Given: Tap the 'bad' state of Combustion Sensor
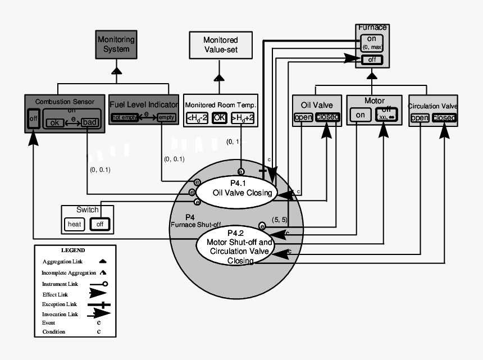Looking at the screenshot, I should (x=89, y=122).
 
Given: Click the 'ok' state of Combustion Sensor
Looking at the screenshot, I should (x=55, y=122).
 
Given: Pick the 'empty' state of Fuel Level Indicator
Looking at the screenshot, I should (x=166, y=117).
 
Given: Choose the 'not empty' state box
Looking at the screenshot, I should (x=125, y=117).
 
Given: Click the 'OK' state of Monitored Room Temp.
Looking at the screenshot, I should (x=220, y=118).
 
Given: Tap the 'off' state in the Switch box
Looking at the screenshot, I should (x=100, y=224).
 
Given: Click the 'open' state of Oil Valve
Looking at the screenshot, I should (x=303, y=117).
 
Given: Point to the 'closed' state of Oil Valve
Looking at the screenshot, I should (x=327, y=117).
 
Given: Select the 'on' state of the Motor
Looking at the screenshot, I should (x=360, y=115).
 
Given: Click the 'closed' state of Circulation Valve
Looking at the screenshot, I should (x=444, y=118).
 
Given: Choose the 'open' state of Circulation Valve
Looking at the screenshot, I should (x=420, y=118).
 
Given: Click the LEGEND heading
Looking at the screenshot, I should (x=73, y=250).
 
